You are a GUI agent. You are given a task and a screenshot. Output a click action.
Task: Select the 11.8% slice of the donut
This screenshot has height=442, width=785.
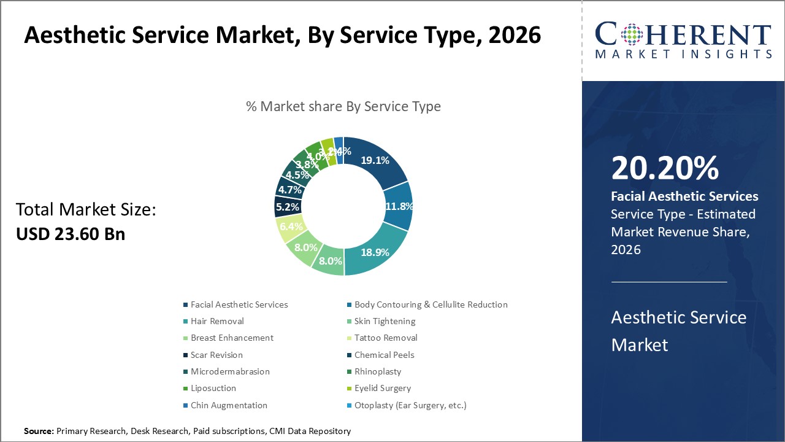pos(397,206)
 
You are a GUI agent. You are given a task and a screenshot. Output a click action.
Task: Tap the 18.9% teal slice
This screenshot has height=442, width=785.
pos(374,252)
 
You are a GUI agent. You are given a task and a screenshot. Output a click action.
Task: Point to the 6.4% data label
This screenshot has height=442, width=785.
pos(291,227)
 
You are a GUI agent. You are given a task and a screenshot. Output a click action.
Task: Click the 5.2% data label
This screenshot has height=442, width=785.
pos(287,207)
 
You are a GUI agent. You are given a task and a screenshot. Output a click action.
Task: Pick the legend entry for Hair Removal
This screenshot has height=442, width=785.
pos(216,321)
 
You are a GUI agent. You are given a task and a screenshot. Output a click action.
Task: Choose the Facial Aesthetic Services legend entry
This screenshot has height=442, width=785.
pos(239,304)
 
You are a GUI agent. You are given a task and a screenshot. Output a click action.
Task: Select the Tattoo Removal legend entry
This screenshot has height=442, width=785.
pos(385,338)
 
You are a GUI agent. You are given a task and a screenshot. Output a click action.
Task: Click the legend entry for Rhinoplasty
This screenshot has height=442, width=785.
pos(377,371)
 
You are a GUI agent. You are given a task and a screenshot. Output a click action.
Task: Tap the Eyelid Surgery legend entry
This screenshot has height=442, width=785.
pos(382,388)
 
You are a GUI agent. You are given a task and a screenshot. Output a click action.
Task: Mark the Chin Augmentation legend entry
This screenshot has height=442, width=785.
pos(228,405)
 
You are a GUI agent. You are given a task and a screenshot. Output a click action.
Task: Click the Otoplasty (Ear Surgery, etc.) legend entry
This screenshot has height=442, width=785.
pos(410,405)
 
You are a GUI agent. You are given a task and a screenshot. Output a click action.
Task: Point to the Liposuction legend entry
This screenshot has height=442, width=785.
pos(213,388)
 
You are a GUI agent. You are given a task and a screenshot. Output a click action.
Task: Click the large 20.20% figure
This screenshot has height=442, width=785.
pos(665,169)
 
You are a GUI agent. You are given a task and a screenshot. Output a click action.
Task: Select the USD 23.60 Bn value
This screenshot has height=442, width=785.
pos(70,234)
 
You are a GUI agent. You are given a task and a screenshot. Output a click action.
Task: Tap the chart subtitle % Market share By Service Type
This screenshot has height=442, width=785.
pos(343,106)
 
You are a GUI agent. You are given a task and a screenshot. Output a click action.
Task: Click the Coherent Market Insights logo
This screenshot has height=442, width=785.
pos(683,40)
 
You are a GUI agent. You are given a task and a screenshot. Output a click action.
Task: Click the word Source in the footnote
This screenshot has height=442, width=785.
pos(39,432)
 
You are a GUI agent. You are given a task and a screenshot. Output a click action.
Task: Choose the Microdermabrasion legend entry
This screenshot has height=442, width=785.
pos(229,371)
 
